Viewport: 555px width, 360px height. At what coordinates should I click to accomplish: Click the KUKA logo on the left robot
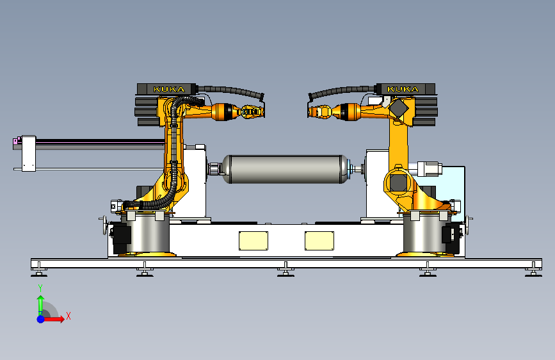[169, 89]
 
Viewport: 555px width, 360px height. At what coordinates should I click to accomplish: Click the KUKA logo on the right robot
[403, 89]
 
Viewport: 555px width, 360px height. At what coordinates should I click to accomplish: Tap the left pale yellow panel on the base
[253, 241]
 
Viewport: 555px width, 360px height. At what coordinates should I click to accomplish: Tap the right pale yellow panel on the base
[319, 241]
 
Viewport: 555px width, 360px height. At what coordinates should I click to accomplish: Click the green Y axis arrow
[41, 304]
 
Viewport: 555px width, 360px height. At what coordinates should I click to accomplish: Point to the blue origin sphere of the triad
[41, 319]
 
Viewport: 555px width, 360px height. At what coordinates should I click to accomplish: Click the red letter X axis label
[68, 316]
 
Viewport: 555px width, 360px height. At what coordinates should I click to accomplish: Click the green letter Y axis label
[40, 288]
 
